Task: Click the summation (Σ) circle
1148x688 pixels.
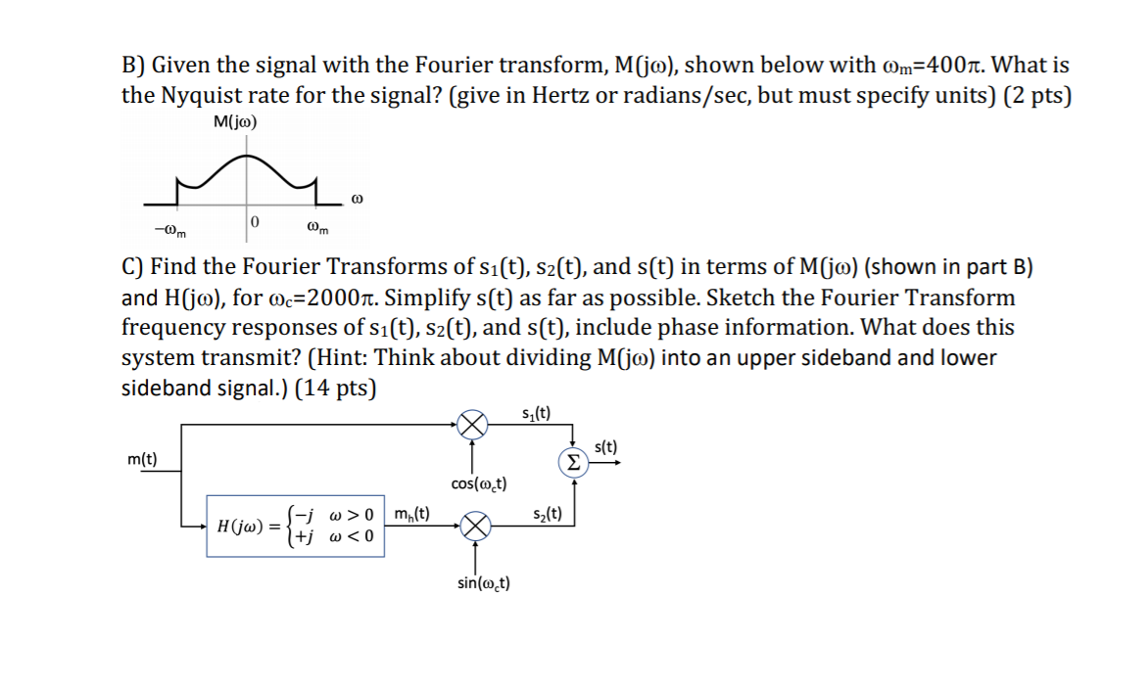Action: coord(573,463)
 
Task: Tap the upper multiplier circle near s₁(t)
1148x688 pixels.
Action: coord(473,426)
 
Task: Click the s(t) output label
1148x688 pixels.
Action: coord(606,447)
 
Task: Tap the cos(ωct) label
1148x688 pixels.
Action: coord(478,483)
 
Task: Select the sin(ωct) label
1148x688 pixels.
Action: coord(483,583)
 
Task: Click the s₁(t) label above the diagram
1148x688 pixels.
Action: coord(536,411)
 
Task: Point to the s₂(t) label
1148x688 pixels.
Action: coord(548,513)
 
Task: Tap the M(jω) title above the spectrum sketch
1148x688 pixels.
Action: coord(235,122)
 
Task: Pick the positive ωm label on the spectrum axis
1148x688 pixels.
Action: coord(317,231)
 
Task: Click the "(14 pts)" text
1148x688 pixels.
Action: coord(337,388)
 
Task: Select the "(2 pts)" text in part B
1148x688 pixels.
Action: coord(1037,95)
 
